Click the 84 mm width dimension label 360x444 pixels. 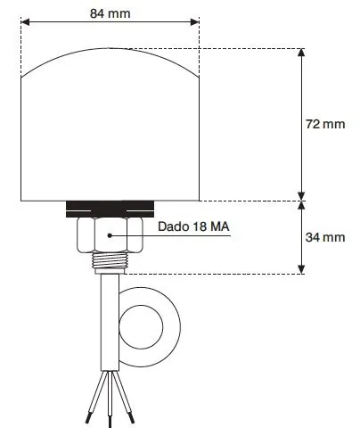coord(110,13)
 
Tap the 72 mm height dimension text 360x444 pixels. coord(325,124)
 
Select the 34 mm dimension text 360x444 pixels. coord(325,237)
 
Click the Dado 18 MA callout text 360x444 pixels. coord(193,226)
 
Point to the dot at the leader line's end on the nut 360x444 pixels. coord(110,235)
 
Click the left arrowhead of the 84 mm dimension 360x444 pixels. coord(26,22)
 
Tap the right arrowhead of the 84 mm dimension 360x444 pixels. coord(194,22)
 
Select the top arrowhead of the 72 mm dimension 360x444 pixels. coord(301,53)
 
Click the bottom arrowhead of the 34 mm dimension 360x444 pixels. coord(301,269)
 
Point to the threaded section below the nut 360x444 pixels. coord(110,260)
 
